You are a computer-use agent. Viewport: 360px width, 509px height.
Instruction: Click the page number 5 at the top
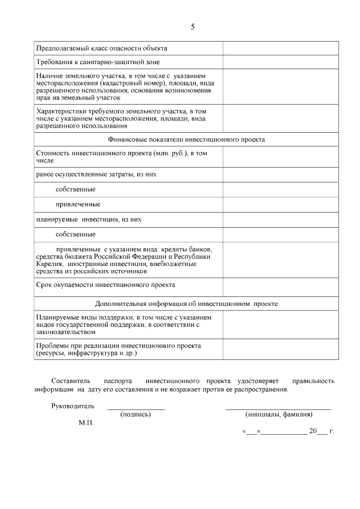coord(192,26)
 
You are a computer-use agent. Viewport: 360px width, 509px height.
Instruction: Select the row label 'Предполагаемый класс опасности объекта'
coord(101,48)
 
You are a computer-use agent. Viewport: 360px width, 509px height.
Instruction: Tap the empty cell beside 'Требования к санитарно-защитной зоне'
coord(280,62)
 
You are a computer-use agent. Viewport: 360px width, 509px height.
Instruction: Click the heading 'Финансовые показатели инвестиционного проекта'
coord(186,139)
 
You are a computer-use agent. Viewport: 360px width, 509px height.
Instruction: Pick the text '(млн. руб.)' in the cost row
coord(173,153)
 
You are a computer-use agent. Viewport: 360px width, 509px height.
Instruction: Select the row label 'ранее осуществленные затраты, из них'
coord(96,174)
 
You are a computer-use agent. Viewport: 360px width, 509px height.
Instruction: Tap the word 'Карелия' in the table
coord(48,264)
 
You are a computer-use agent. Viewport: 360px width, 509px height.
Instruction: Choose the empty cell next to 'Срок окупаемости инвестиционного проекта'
coord(280,286)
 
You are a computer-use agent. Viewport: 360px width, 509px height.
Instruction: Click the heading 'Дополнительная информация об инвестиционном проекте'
coord(186,304)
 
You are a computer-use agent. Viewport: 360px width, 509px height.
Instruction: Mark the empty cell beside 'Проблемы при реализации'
coord(280,349)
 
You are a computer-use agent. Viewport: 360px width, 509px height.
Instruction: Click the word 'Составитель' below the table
coord(69,381)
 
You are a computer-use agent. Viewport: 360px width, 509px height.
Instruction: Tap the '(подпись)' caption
coord(136,415)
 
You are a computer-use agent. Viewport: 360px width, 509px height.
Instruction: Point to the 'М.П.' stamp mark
coord(86,422)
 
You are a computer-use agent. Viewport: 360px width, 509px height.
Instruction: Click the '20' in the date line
coord(313,432)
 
